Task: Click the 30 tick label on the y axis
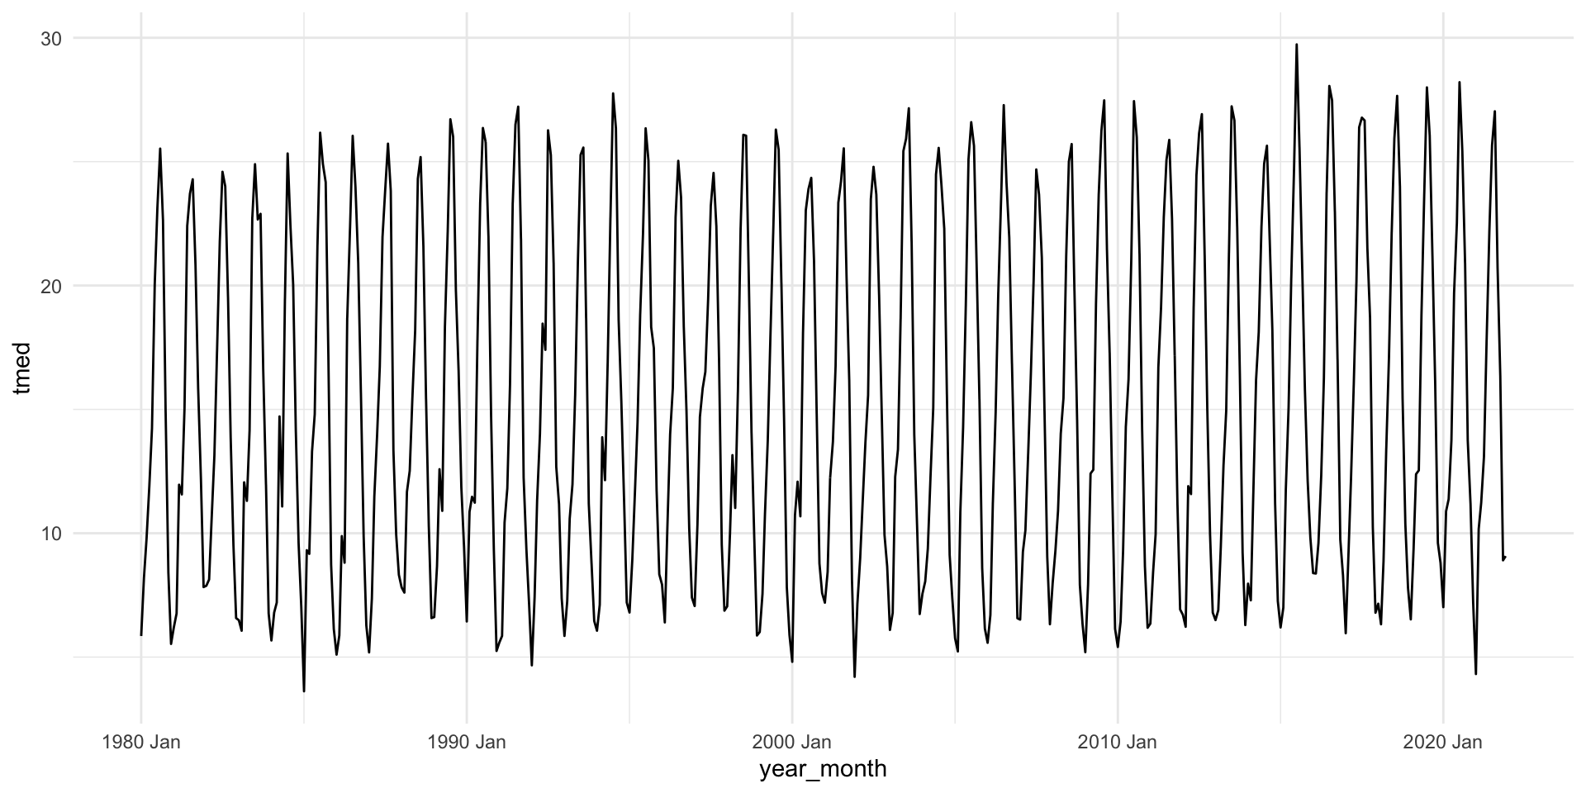coord(53,39)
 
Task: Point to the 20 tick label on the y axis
coord(53,286)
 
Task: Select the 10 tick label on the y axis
coord(53,534)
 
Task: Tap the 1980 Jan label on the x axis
coord(140,742)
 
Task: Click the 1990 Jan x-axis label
coord(467,742)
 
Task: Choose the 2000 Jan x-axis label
coord(792,742)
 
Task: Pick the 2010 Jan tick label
coord(1118,742)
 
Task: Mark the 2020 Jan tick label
coord(1443,742)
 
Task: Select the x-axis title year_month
coord(823,770)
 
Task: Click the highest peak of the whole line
coord(1297,45)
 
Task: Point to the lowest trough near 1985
coord(304,691)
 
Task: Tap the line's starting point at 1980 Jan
coord(141,634)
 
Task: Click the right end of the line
coord(1505,557)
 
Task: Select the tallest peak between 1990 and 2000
coord(613,93)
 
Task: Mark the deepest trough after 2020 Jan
coord(1475,674)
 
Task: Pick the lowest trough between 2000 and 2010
coord(854,677)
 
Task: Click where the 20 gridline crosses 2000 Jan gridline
coord(792,286)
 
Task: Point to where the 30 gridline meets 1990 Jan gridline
coord(467,39)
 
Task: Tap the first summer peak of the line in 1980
coord(160,149)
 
